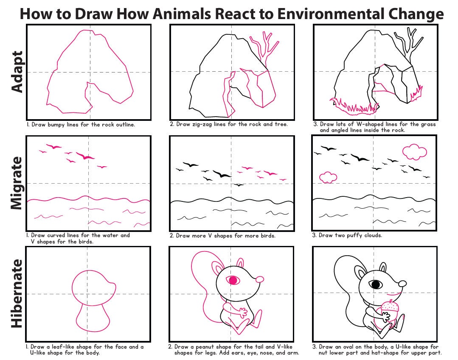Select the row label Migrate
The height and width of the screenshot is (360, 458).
(17, 183)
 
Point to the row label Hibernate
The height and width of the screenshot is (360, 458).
(17, 293)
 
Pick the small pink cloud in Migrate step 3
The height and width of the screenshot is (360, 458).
(328, 177)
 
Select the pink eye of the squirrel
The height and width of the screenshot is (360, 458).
(233, 280)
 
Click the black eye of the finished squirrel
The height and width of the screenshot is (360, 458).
(375, 284)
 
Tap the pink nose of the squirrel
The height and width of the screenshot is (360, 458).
(259, 279)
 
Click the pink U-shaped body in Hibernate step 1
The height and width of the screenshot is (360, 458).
(90, 318)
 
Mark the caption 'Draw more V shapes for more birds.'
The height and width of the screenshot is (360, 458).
(222, 236)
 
